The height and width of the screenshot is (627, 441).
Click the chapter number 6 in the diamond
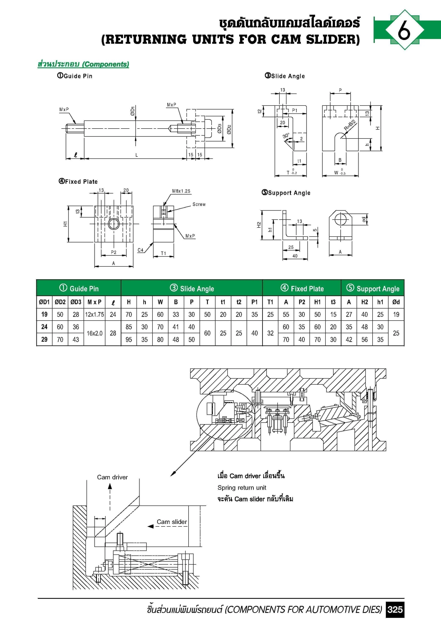tap(404, 30)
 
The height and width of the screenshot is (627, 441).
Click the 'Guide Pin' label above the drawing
tap(78, 76)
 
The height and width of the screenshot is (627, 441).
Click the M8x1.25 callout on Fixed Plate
tap(181, 191)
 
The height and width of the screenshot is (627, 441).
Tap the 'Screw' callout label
tap(199, 204)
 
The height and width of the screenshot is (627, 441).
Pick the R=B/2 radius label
tap(350, 125)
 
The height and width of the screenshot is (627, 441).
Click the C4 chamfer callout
tap(140, 250)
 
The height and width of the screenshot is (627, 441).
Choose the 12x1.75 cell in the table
tap(95, 315)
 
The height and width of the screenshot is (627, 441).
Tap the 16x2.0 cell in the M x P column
tap(95, 333)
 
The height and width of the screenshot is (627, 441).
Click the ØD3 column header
tap(76, 302)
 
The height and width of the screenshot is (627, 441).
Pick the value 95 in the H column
tap(129, 339)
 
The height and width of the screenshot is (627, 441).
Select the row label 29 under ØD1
tap(44, 339)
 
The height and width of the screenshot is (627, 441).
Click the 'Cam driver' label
tap(112, 477)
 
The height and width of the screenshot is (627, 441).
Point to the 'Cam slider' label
tap(172, 522)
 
